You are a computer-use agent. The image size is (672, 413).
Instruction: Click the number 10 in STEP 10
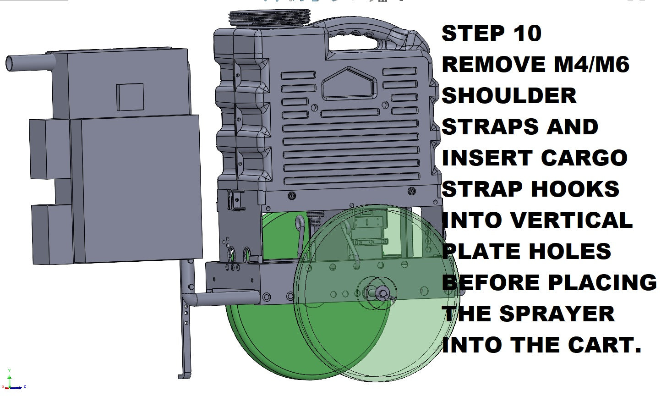tap(527, 33)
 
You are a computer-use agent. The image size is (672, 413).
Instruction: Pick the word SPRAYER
tap(557, 314)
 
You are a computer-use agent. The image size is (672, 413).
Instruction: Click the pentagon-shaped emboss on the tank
tap(349, 83)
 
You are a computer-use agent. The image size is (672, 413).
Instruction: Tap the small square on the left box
tap(130, 97)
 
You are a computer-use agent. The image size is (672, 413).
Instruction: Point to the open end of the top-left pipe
tap(10, 64)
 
